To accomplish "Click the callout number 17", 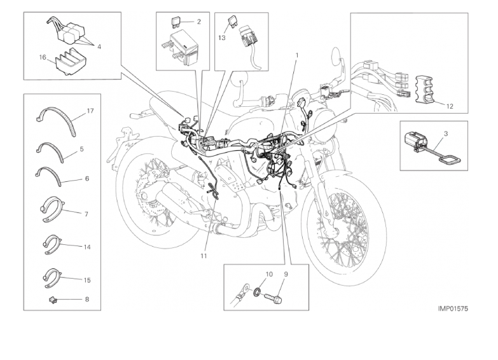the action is point(90,111).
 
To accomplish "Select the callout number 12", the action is point(450,106).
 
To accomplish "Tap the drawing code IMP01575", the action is point(453,308).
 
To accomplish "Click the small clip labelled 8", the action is point(53,299).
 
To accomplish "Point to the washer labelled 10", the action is point(256,291).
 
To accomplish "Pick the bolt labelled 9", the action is point(273,298).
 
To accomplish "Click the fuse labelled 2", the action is point(176,22).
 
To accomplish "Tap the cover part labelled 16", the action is point(67,62).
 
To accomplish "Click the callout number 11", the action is point(204,256).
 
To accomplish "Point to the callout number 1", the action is point(297,55).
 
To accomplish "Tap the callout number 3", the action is point(446,134).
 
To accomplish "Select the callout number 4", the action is point(99,46).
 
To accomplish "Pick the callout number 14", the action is point(87,247).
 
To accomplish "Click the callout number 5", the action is point(81,149).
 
